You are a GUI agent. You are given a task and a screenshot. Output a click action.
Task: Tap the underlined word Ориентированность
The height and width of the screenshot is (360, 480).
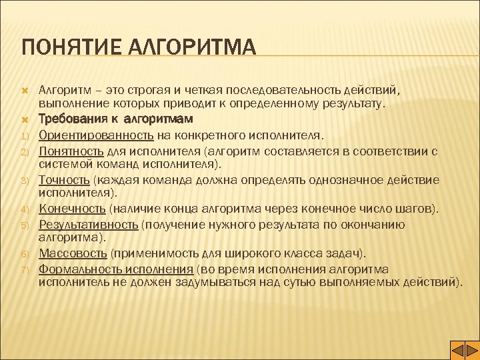point(97,135)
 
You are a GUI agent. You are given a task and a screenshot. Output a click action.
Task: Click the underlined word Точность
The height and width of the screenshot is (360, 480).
point(65,180)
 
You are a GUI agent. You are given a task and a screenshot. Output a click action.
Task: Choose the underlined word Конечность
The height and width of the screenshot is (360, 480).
point(71,210)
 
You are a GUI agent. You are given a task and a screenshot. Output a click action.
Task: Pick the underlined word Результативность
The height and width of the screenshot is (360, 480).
point(89,225)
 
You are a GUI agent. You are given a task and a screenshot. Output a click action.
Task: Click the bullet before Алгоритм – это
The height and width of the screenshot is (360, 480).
point(23,90)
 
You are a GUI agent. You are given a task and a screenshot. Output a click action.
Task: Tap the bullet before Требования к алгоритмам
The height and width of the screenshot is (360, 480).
point(23,120)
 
